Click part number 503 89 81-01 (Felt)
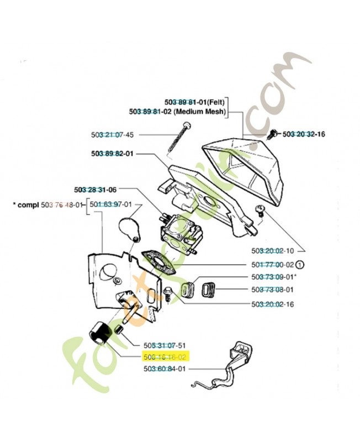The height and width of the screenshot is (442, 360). (x=197, y=102)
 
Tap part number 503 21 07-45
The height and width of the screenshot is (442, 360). (x=112, y=134)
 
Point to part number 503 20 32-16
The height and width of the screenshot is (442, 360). (x=304, y=134)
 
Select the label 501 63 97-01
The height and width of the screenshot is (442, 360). (x=110, y=204)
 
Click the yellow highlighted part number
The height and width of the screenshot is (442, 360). (x=166, y=357)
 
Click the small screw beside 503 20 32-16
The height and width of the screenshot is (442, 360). (x=272, y=133)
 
